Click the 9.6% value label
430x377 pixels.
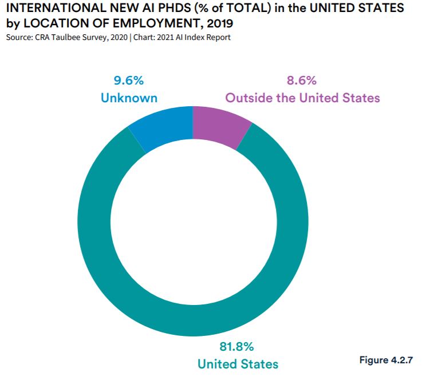(x=129, y=80)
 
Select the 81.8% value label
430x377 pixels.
(x=237, y=346)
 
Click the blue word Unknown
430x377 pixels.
(x=129, y=98)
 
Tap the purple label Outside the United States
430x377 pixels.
(x=302, y=98)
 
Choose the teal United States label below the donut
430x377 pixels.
(x=238, y=363)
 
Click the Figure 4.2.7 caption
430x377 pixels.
(x=385, y=360)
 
